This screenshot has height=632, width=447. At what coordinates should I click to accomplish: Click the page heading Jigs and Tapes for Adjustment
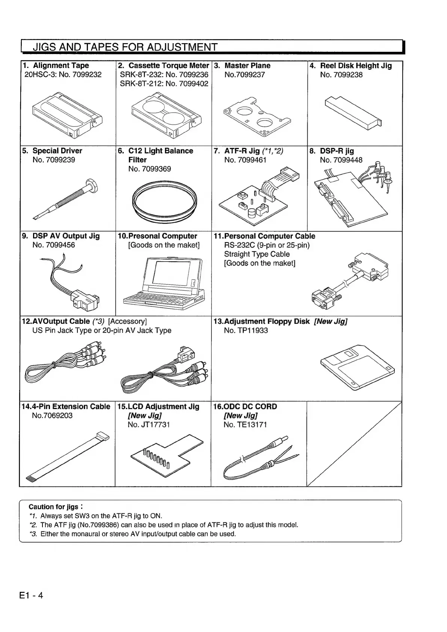(x=125, y=47)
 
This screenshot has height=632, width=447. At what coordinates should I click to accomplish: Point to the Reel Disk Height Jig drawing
(x=353, y=113)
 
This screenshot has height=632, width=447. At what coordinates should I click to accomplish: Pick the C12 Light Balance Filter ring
(x=165, y=203)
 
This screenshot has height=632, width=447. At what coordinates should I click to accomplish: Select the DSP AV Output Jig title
(x=66, y=236)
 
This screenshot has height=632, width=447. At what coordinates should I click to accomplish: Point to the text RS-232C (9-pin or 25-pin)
(x=267, y=245)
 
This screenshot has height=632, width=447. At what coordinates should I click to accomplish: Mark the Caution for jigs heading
(x=53, y=507)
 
